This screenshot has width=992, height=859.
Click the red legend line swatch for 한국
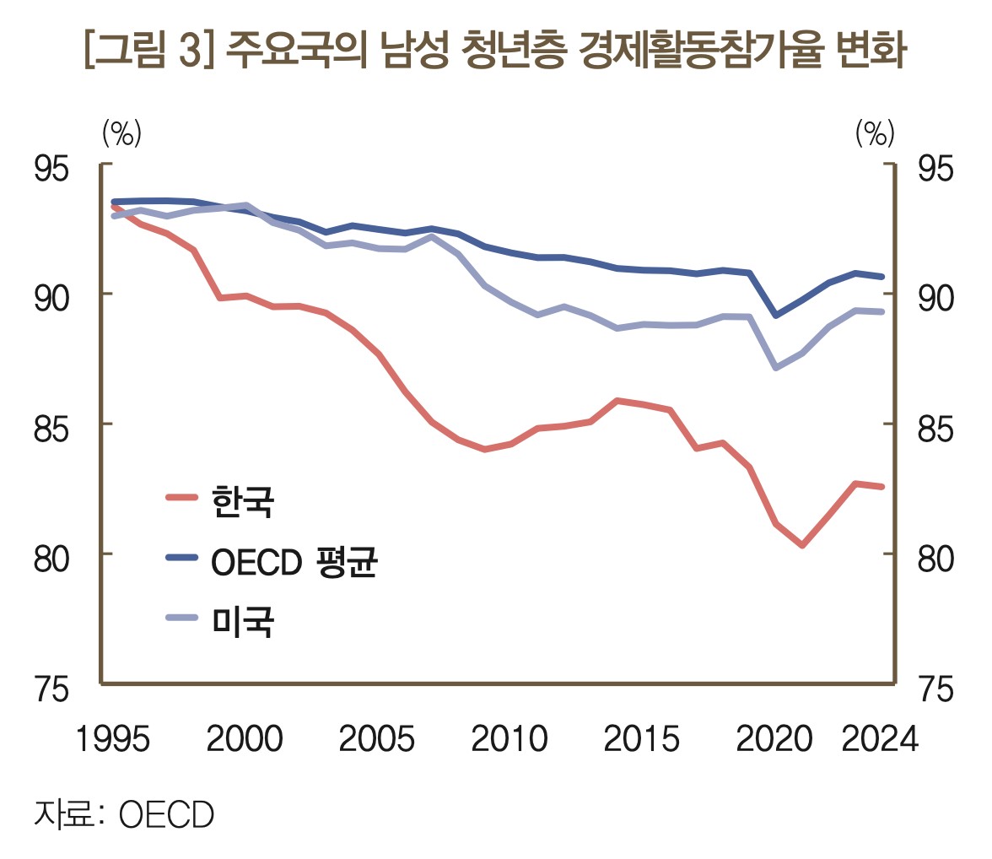click(x=181, y=497)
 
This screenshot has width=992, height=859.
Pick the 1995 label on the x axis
click(x=113, y=740)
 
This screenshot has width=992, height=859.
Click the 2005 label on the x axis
click(x=376, y=740)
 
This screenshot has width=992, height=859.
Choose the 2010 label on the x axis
click(x=509, y=740)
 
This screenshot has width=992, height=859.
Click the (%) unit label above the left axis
click(x=121, y=132)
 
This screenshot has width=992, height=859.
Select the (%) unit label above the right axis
click(x=875, y=132)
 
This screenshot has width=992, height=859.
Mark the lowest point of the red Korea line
click(x=802, y=545)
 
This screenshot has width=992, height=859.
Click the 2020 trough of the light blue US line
click(x=775, y=368)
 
